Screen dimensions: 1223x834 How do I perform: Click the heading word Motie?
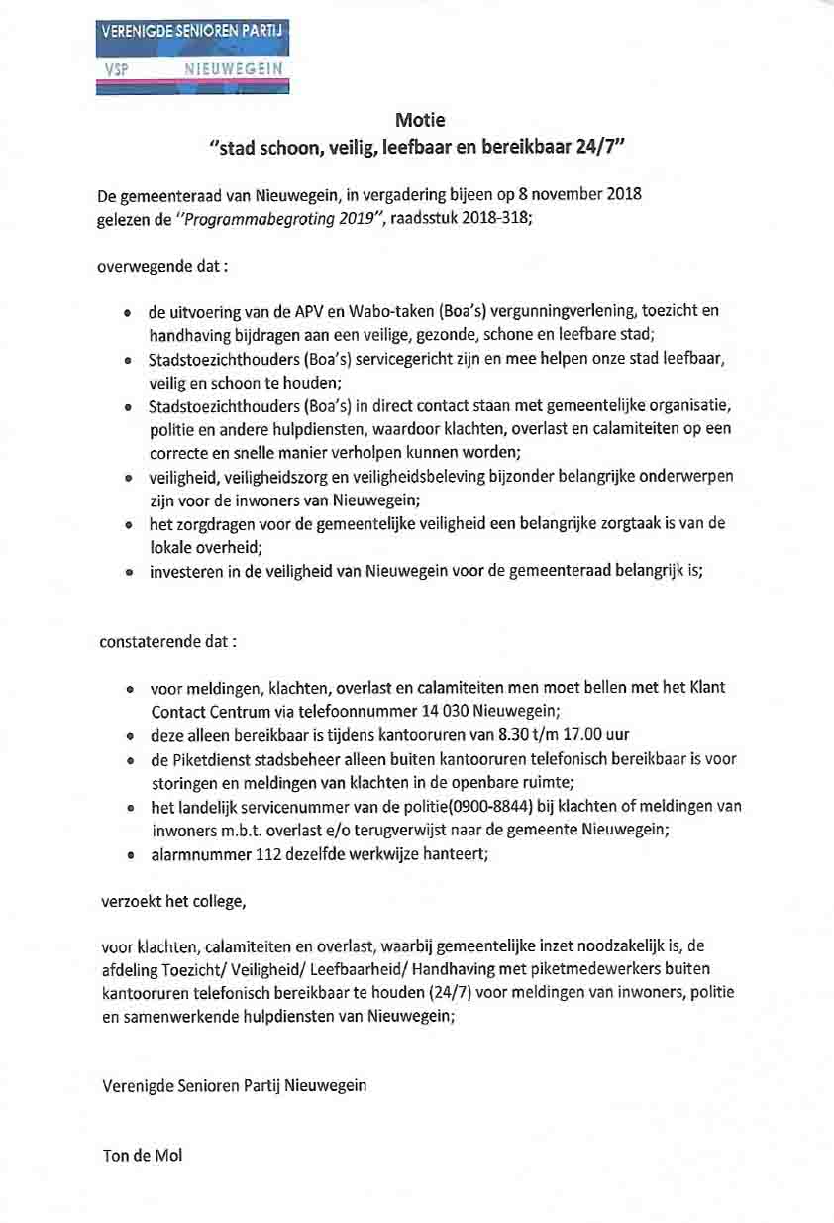tap(420, 121)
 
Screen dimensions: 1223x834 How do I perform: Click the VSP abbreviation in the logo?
tap(117, 69)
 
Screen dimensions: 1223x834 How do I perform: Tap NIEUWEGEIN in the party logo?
tap(234, 69)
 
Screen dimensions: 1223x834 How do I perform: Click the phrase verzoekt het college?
tap(172, 902)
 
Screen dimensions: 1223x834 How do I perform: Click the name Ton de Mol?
tap(143, 1155)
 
